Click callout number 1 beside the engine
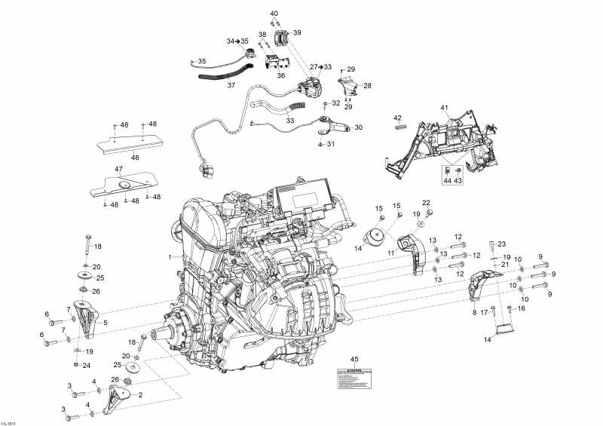coord(170,257)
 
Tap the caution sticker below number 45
coord(354,378)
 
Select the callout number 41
coord(445,109)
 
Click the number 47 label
coord(118,169)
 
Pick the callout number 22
coord(426,203)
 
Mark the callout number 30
coord(358,127)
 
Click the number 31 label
coord(330,144)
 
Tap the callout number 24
coord(87,366)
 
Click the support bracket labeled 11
coord(413,252)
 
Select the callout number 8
coord(474,311)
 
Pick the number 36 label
coord(280,75)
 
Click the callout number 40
coord(274,14)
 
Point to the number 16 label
coord(521,308)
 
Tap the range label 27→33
coord(321,67)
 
